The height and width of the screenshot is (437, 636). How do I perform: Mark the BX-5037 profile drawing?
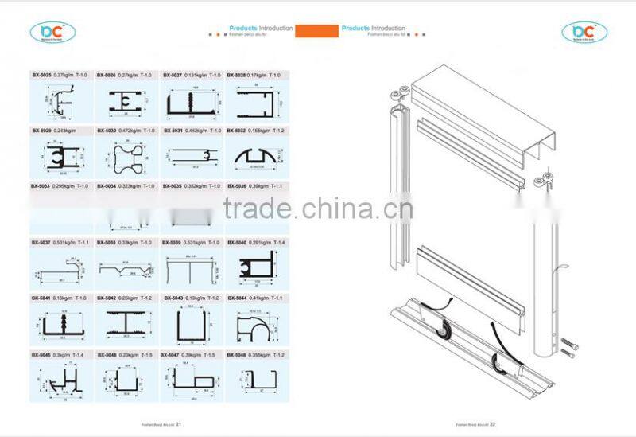(60, 270)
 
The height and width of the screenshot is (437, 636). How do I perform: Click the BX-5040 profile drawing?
(256, 268)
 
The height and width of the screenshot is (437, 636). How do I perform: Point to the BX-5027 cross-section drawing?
(191, 102)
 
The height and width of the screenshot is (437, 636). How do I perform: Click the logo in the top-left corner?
(52, 32)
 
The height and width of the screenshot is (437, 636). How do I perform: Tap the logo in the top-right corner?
(584, 32)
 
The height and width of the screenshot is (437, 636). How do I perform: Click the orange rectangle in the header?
(317, 31)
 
